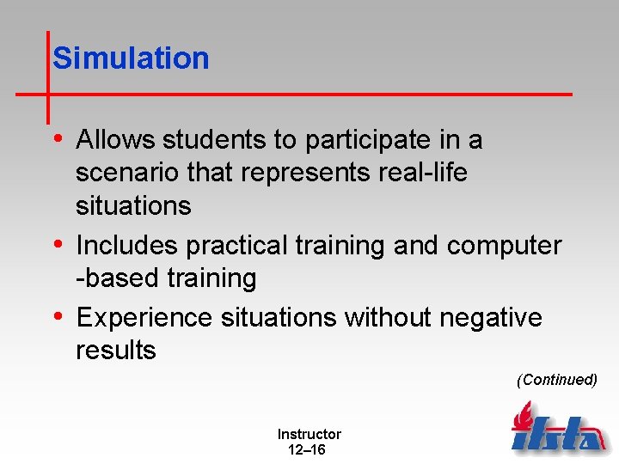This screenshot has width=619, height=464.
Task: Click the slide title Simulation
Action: [131, 58]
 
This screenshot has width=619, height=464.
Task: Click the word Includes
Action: [127, 246]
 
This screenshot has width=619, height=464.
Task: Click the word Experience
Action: [144, 318]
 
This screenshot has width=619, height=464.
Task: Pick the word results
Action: [116, 351]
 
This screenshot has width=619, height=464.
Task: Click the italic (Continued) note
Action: [556, 380]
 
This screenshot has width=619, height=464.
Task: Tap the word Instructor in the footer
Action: [309, 435]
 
